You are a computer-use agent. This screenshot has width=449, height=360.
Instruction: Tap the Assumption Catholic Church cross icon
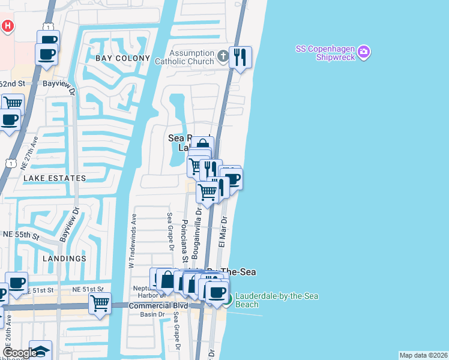223,57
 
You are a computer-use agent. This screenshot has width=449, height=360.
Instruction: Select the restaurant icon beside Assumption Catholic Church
240,57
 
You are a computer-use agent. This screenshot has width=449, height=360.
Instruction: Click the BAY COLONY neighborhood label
122,58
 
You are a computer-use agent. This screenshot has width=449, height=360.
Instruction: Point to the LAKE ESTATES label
55,178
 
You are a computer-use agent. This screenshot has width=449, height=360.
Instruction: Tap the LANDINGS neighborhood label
64,258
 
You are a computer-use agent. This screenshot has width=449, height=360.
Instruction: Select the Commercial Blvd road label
157,305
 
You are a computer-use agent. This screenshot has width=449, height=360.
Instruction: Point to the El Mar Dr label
221,232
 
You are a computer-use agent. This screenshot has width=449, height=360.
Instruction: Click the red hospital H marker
8,26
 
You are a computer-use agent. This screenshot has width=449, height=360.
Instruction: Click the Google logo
20,353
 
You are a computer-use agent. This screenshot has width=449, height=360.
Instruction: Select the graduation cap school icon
40,351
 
